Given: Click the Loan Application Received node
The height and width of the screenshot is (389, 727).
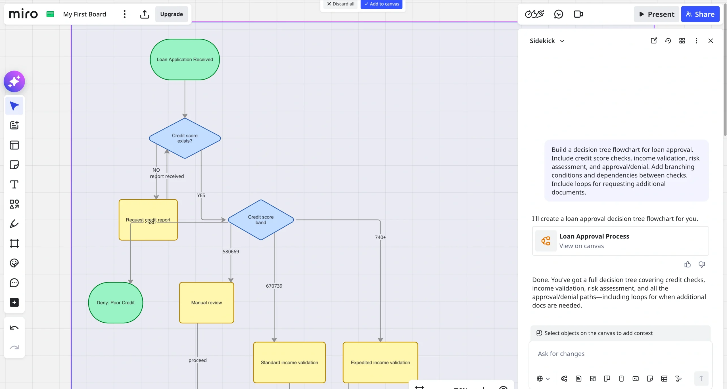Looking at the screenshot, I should (185, 59).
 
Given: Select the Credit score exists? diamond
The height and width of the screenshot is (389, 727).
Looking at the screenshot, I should (185, 138).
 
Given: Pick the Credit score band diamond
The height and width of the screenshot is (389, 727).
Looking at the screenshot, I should (260, 220).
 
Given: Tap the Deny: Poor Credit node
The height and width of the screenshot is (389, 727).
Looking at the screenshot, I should (116, 303).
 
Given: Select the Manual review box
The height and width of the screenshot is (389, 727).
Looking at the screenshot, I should (206, 303).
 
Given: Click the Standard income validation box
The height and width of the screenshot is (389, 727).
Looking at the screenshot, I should (289, 363).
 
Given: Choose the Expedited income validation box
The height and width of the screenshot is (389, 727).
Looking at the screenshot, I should (380, 363).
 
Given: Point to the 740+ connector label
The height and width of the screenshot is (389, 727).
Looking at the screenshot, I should (380, 237).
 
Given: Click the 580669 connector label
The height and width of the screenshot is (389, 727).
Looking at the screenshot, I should (231, 252).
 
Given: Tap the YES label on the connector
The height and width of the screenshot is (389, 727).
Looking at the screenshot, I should (201, 195).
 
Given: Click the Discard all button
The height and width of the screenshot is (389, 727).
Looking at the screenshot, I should (340, 4).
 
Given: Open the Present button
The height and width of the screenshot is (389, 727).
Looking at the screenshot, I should (656, 14).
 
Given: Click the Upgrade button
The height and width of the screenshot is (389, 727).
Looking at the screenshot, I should (171, 14).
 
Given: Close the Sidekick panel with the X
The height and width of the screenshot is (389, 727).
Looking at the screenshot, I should (710, 41).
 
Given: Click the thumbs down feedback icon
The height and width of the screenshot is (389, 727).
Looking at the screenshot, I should (701, 265).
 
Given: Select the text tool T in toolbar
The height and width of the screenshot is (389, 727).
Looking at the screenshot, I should (14, 185).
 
